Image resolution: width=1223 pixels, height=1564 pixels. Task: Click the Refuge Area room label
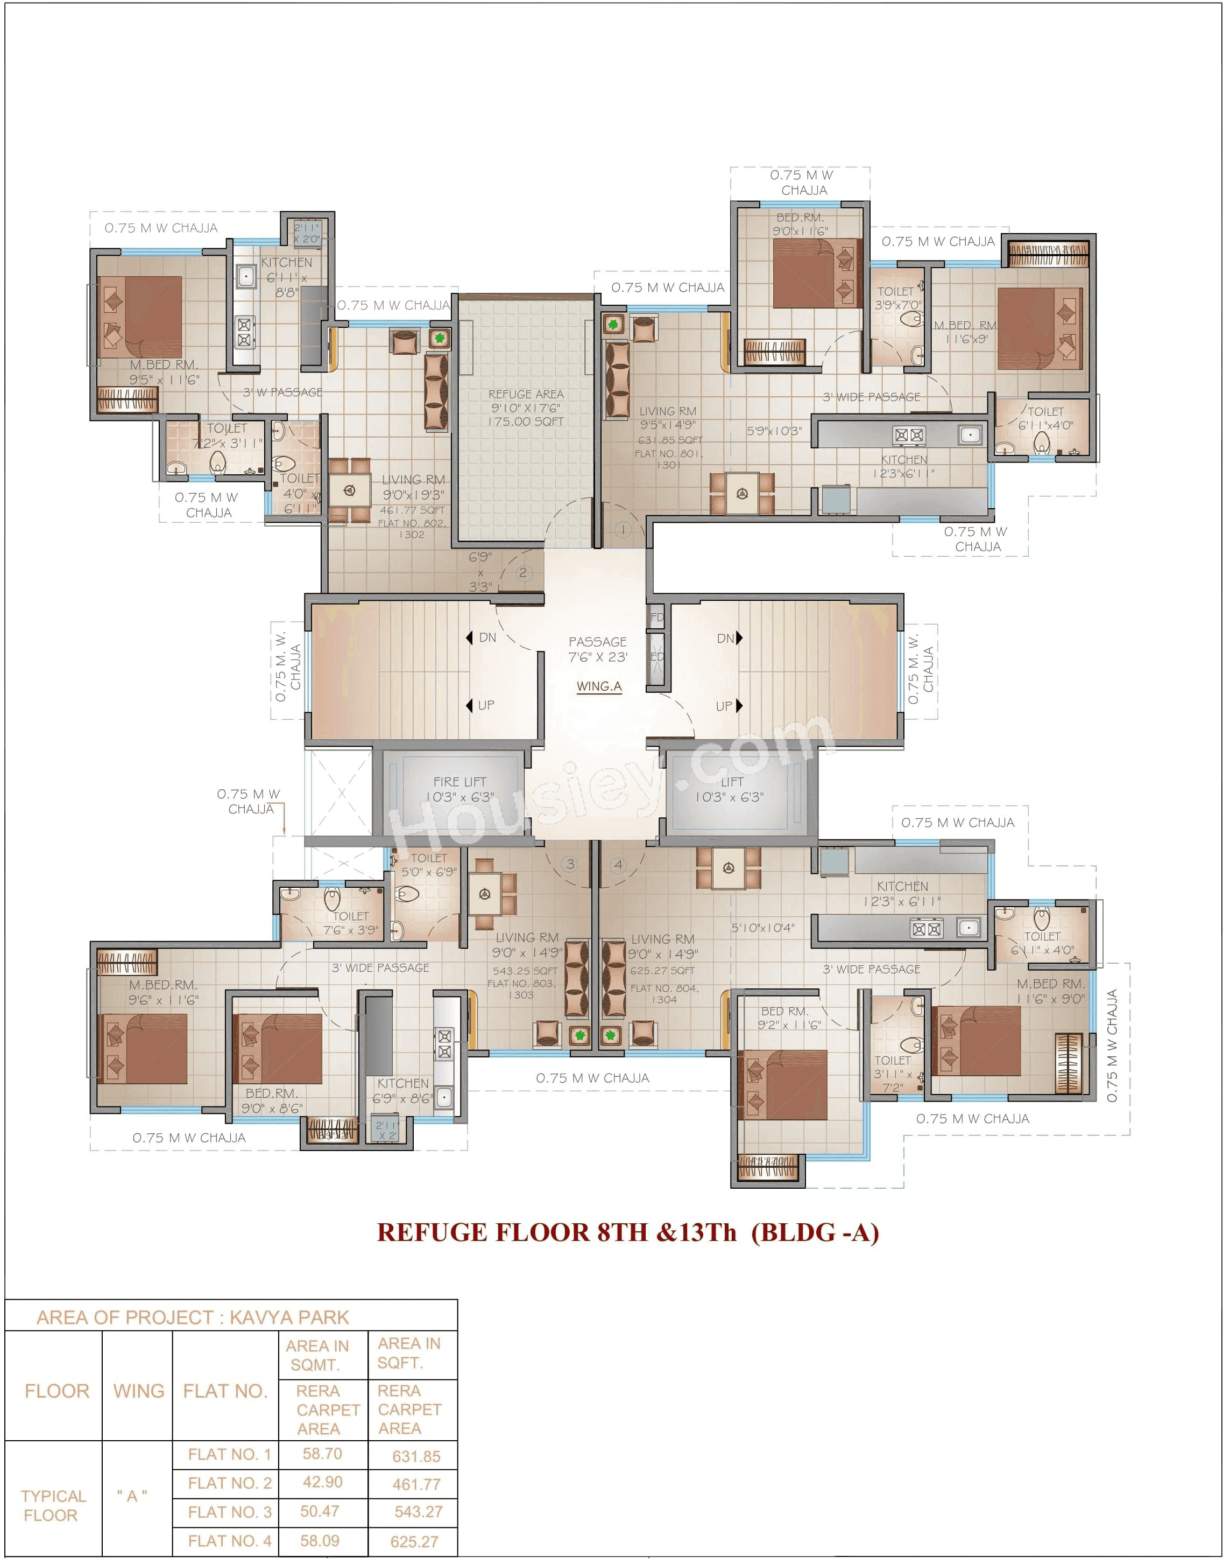(526, 407)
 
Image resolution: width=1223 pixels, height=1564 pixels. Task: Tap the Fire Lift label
(459, 789)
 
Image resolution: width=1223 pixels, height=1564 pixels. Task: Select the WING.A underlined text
(599, 686)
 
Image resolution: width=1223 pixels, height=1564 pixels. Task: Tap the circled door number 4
(618, 865)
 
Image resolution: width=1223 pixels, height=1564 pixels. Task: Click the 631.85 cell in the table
(416, 1456)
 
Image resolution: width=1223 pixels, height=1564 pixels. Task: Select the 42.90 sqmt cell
(322, 1482)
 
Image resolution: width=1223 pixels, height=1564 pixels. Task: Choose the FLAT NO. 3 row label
(229, 1512)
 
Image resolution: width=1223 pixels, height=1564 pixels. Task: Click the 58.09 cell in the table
(320, 1540)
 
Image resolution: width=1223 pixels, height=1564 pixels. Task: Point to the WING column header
(138, 1391)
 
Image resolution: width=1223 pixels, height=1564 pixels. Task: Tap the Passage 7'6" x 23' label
(597, 649)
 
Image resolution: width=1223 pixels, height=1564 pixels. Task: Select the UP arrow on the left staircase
(470, 705)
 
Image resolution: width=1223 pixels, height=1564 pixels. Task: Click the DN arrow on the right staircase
(739, 637)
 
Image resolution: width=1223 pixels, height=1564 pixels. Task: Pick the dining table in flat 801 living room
(742, 493)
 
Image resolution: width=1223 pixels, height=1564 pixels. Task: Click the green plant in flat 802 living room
(439, 338)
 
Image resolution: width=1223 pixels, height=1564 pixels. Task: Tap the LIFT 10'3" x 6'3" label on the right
(730, 789)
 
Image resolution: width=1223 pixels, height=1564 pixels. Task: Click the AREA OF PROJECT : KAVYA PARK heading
(193, 1317)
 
